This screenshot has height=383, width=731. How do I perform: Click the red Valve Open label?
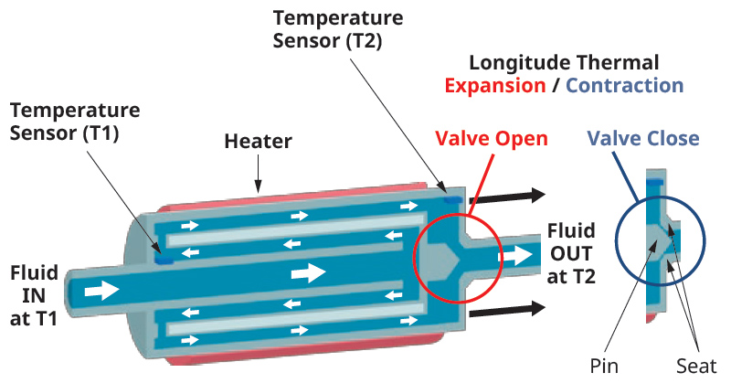pos(491,139)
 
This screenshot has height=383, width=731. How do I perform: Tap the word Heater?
pos(259,142)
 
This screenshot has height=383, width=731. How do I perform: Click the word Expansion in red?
pos(494,86)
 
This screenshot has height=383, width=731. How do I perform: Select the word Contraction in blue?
pos(624,86)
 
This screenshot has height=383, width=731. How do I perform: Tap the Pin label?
pos(604,367)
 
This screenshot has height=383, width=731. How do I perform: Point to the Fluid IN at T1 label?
pos(35,293)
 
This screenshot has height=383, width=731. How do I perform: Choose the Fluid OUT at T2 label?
pos(573,253)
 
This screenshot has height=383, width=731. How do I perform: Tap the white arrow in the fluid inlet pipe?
pos(103,291)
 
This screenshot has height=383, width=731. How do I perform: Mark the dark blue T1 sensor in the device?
pos(163,260)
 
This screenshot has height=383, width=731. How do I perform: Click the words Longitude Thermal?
pos(563,63)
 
